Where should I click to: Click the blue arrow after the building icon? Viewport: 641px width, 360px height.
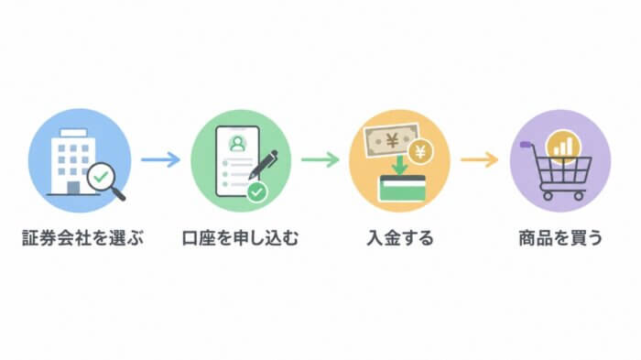tap(160, 159)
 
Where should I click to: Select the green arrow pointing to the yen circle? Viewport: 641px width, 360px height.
tap(320, 159)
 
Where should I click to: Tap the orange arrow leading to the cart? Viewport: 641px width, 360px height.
tap(480, 159)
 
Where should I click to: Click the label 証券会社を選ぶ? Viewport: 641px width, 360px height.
tap(83, 238)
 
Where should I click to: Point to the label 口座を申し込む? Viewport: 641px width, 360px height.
tap(240, 238)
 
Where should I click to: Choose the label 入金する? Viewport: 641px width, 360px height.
tap(400, 238)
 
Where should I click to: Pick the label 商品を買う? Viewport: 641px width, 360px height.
tap(560, 238)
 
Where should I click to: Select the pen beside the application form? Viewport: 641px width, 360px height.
tap(264, 165)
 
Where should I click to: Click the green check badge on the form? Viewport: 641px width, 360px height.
tap(256, 191)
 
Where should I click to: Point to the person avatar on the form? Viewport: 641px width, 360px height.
tap(237, 144)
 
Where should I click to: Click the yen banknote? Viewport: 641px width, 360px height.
tap(392, 141)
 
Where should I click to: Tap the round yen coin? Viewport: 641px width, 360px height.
tap(420, 153)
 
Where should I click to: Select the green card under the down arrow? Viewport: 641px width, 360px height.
tap(402, 189)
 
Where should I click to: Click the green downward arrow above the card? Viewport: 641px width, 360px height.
tap(399, 165)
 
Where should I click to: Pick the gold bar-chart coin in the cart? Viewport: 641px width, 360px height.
tap(563, 146)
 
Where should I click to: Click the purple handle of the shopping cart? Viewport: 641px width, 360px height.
tap(526, 145)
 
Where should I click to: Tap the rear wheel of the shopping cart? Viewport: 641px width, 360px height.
tap(548, 196)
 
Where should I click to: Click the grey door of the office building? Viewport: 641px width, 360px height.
tap(73, 188)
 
